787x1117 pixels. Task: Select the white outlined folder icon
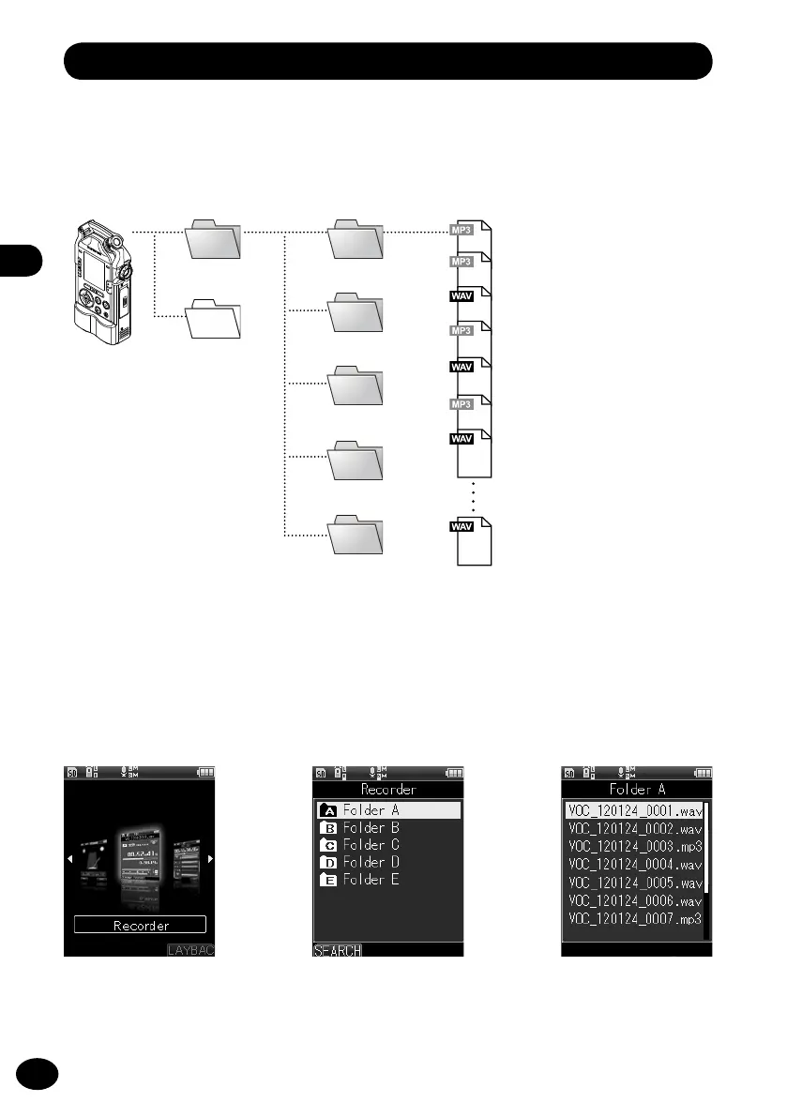coord(215,320)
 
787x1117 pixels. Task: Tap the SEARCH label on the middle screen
coord(337,950)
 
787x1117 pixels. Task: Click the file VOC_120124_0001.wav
coord(634,810)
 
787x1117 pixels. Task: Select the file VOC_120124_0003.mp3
coord(634,847)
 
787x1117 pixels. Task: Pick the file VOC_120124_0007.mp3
coord(634,918)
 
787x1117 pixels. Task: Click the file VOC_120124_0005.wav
coord(634,883)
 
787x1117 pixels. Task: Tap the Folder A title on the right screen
coord(638,789)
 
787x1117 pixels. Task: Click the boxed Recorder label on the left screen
coord(141,925)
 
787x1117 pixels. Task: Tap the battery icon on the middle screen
coord(454,773)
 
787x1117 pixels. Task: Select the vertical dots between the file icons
coord(475,497)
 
